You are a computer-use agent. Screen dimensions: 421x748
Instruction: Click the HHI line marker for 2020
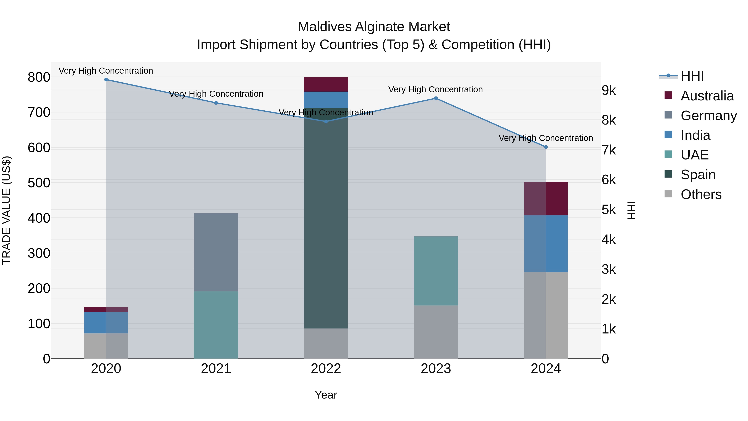click(x=106, y=80)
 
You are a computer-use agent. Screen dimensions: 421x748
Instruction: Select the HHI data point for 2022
click(x=326, y=121)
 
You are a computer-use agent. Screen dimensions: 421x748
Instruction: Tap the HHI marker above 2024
click(x=546, y=147)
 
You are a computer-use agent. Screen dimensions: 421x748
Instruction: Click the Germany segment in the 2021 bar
click(x=216, y=252)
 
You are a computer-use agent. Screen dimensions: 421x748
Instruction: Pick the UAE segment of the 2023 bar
click(x=436, y=270)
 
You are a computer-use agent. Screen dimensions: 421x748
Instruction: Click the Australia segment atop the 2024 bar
click(x=546, y=199)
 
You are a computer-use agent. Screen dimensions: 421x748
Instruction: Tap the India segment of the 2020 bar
click(x=106, y=322)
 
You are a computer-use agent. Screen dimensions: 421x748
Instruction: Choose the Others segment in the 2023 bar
click(x=436, y=332)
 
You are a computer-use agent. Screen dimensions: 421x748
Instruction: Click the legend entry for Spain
click(x=698, y=175)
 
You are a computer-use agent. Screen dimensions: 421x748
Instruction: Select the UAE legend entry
click(x=694, y=155)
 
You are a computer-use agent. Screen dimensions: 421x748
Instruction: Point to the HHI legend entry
click(x=692, y=76)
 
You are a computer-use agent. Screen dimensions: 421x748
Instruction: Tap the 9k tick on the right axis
click(x=608, y=90)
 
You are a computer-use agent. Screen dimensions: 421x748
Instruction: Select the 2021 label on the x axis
click(x=216, y=369)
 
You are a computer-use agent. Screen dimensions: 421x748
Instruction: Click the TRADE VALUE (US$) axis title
click(x=7, y=210)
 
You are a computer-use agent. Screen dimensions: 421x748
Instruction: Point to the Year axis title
click(x=326, y=395)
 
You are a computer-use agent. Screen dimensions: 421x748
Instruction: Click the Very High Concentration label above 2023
click(x=435, y=89)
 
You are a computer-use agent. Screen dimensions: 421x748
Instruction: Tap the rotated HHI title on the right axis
click(x=632, y=210)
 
